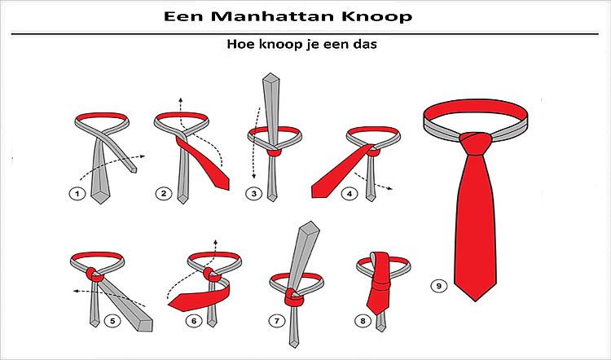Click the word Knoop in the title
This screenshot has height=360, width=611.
pos(377,17)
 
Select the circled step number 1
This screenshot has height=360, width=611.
pos(77,194)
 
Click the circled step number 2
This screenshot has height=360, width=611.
pos(164,193)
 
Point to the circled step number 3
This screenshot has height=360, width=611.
pos(253,194)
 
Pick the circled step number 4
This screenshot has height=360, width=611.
pos(349,193)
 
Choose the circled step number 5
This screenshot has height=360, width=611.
pos(112,321)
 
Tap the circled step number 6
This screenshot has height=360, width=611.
pos(194,321)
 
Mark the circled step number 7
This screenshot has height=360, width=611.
pos(277,321)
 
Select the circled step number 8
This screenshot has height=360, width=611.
pos(363,321)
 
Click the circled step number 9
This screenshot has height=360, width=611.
pos(439,286)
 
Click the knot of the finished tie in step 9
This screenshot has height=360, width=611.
pos(476,143)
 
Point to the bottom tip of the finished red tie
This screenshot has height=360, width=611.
pos(476,301)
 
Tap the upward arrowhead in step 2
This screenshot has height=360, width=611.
pos(180,99)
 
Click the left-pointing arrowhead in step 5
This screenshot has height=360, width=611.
pos(76,291)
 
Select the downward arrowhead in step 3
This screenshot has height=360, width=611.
pos(253,176)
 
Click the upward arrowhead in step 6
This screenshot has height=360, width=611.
pos(216,242)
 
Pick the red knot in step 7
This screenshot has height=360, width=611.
pos(294,297)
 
